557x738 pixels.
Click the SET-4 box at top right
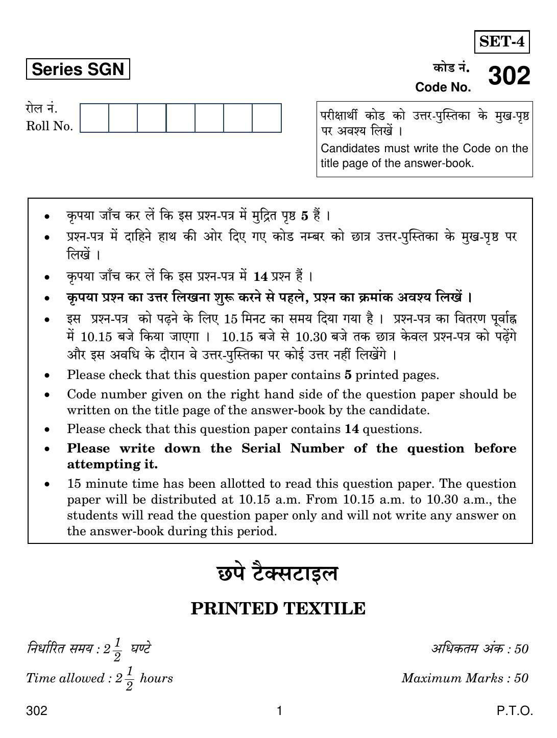[502, 42]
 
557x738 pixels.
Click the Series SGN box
[78, 69]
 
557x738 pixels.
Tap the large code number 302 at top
[509, 76]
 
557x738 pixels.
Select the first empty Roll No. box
[94, 118]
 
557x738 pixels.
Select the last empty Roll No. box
[267, 118]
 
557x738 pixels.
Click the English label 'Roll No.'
[50, 127]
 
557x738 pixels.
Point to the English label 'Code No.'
[443, 87]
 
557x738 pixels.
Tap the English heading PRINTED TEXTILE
[278, 609]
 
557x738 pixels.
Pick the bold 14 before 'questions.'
[352, 430]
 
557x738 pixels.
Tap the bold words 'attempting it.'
[112, 465]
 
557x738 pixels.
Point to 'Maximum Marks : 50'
[465, 678]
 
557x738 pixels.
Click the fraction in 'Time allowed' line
[128, 679]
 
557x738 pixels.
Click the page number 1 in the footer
[279, 711]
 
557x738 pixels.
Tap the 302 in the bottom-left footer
[37, 711]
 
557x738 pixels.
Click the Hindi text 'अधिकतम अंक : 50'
[480, 649]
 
